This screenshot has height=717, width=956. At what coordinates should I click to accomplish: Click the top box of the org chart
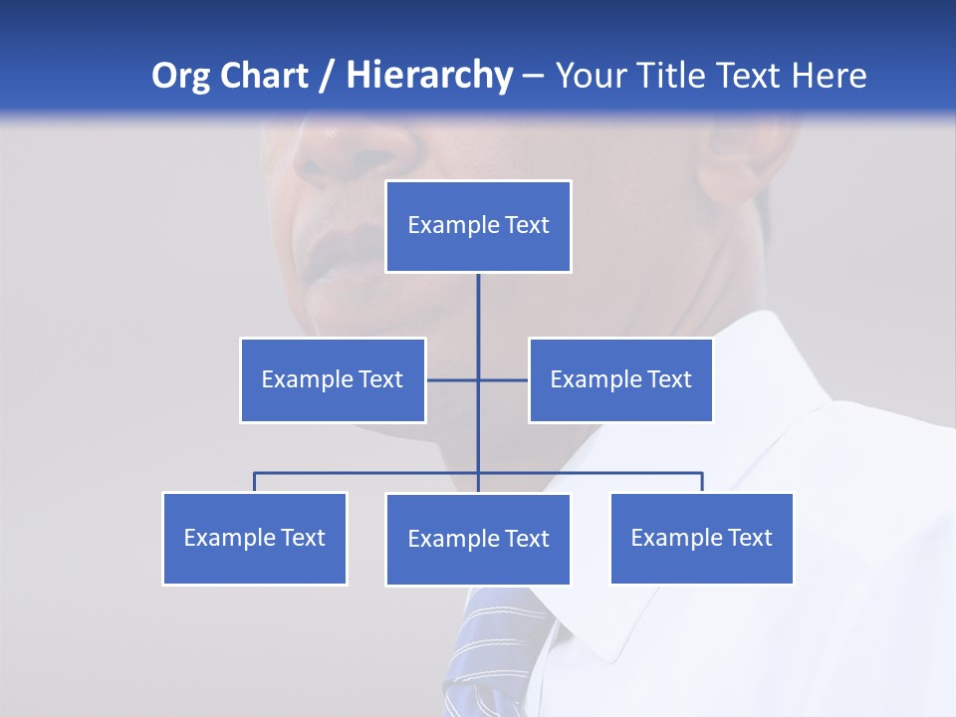pyautogui.click(x=478, y=226)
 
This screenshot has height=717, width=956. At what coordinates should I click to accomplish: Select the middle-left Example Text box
pyautogui.click(x=333, y=379)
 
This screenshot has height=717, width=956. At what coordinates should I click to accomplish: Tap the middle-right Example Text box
pyautogui.click(x=620, y=379)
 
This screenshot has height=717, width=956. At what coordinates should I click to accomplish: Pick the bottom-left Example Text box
pyautogui.click(x=255, y=538)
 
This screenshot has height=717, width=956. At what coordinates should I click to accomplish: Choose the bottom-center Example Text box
pyautogui.click(x=478, y=539)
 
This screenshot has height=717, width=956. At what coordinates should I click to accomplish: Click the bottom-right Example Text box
pyautogui.click(x=701, y=538)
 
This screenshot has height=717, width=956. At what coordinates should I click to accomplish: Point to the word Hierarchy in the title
pyautogui.click(x=429, y=76)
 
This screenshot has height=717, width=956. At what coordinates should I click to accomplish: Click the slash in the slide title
pyautogui.click(x=327, y=76)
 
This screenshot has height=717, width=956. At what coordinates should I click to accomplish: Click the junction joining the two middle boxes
pyautogui.click(x=478, y=379)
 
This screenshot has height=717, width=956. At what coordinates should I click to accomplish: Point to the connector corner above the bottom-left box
pyautogui.click(x=255, y=473)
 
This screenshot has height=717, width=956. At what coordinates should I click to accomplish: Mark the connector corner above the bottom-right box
pyautogui.click(x=702, y=473)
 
